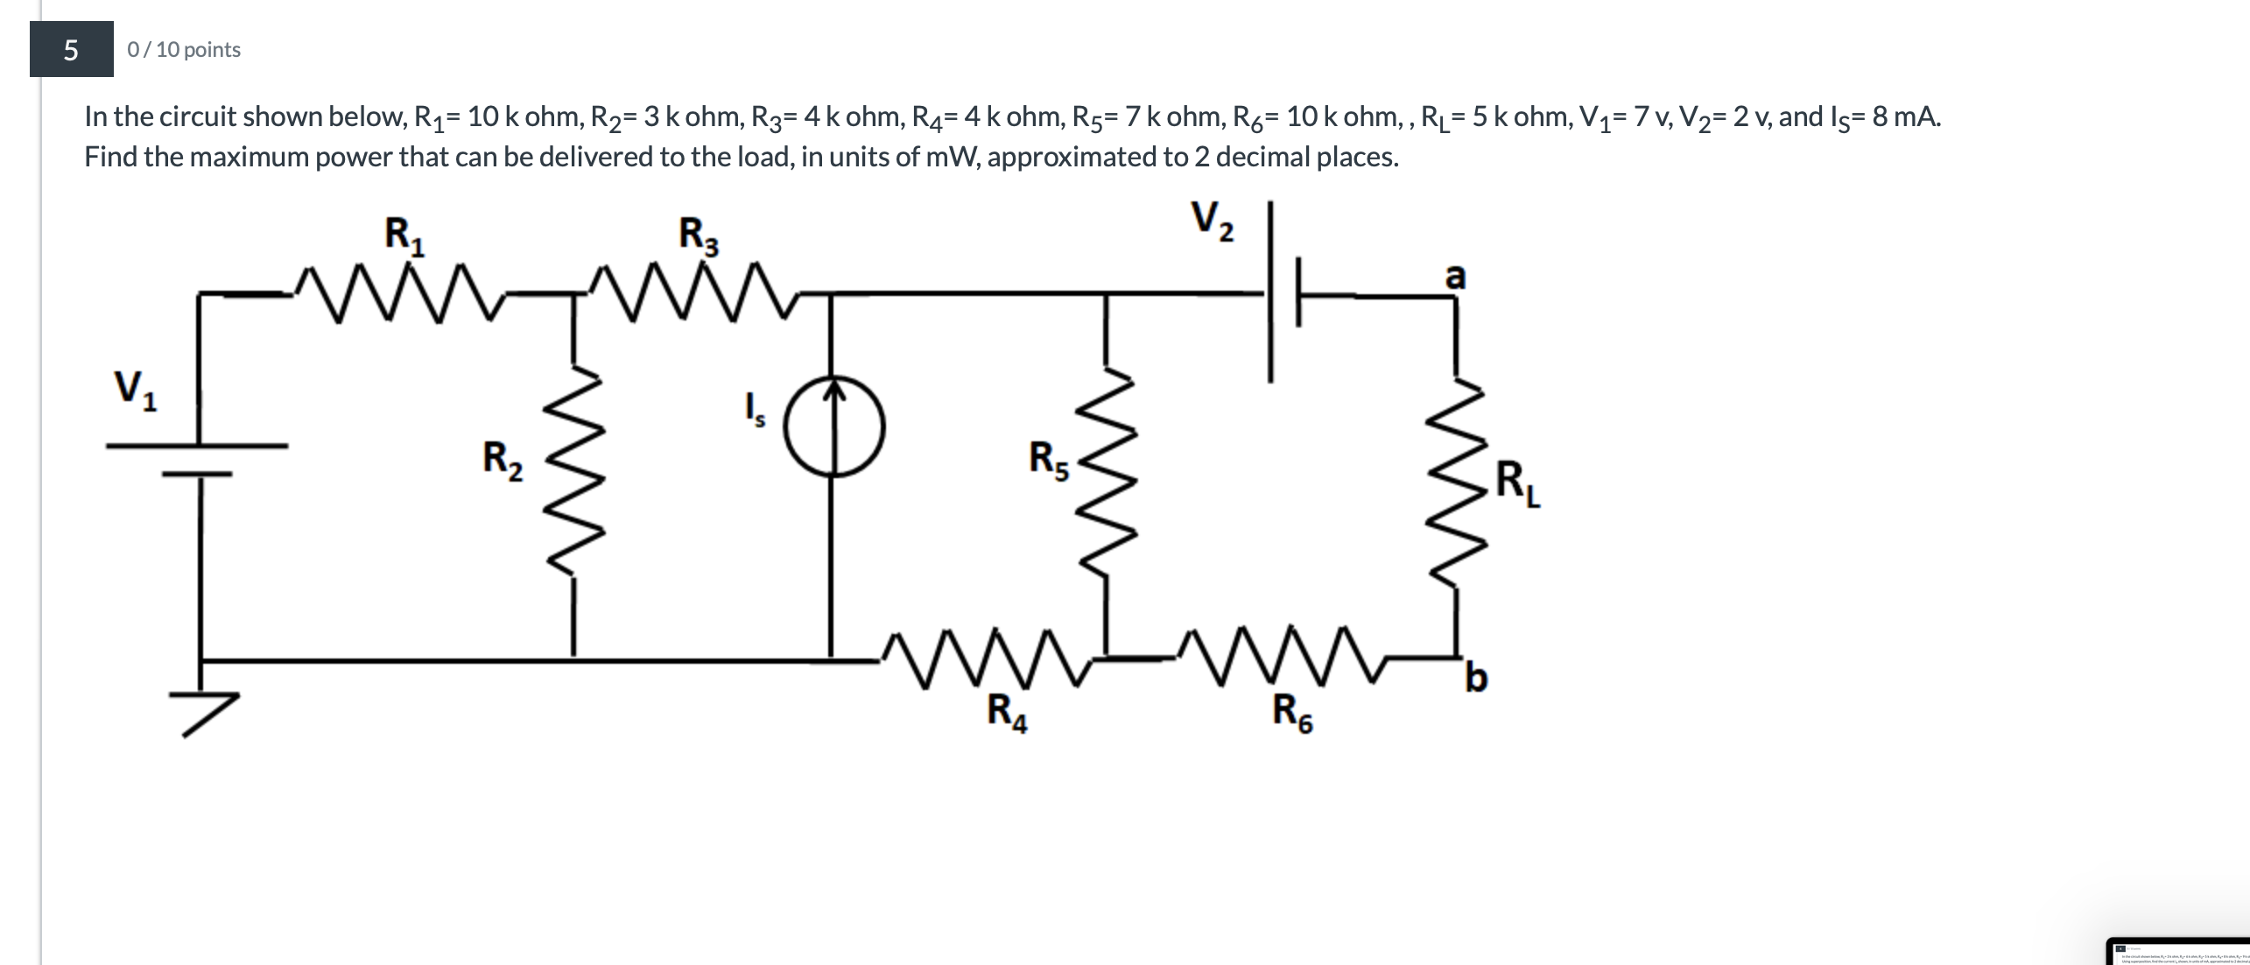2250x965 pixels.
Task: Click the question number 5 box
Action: point(71,49)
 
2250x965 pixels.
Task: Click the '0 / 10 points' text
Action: point(184,50)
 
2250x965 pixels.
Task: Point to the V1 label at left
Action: point(135,390)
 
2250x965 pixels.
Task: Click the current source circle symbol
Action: point(833,426)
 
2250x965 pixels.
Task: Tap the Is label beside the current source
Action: point(753,409)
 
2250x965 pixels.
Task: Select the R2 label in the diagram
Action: point(503,461)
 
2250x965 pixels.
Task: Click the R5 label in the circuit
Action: point(1048,461)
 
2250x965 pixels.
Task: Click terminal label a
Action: point(1454,276)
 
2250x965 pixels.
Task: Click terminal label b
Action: point(1475,679)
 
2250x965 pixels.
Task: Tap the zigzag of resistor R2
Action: point(573,473)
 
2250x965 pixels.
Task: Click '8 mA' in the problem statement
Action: point(1905,116)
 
